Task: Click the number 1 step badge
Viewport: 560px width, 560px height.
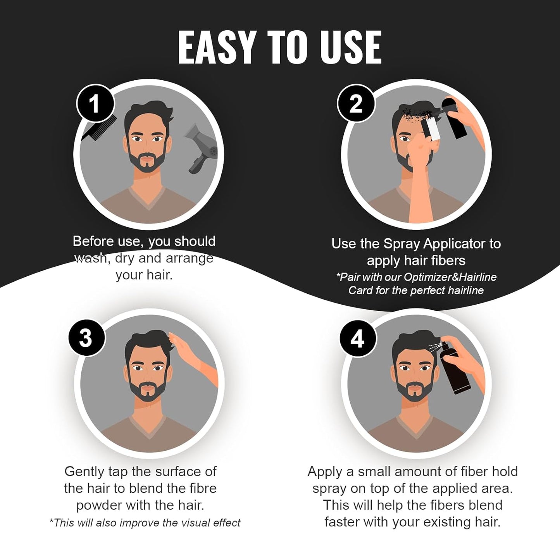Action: pyautogui.click(x=95, y=103)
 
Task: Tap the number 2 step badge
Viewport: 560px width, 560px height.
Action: pyautogui.click(x=356, y=103)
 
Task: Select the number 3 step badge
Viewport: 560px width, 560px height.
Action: pyautogui.click(x=86, y=338)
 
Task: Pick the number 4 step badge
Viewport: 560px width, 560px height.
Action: pyautogui.click(x=357, y=338)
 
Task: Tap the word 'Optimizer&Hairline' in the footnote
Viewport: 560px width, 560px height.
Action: pyautogui.click(x=450, y=277)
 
